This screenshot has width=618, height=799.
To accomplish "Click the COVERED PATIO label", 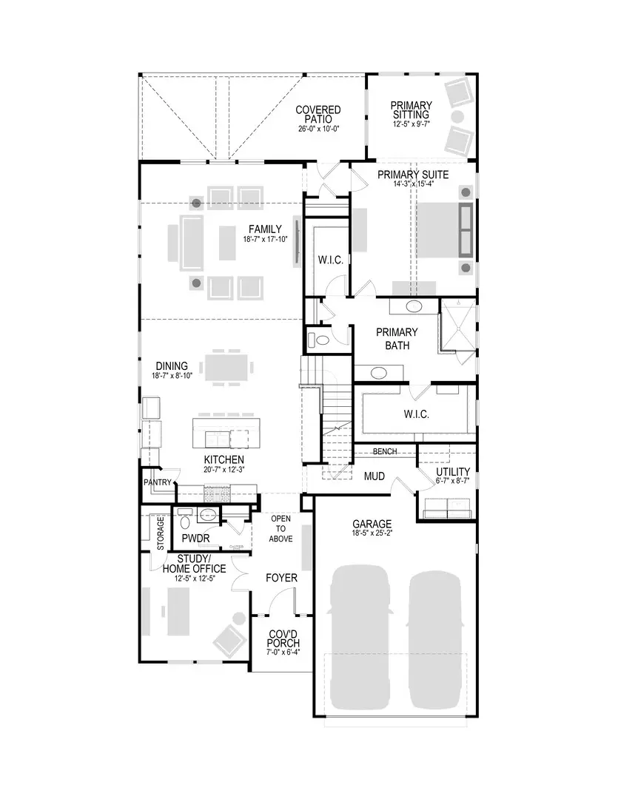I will pos(318,115).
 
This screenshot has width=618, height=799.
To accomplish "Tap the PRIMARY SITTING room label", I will pos(411,110).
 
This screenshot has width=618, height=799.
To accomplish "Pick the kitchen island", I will pos(226,433).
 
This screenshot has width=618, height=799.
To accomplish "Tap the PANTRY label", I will pos(158,483).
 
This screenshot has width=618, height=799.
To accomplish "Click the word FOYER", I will pos(282,578).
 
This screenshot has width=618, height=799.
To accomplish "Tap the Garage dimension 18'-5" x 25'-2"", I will pos(372,535).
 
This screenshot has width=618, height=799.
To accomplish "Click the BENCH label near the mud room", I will pos(384,451).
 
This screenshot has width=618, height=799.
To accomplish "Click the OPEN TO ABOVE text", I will pos(281,527).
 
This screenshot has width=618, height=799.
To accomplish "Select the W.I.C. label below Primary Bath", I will pos(416,414).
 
